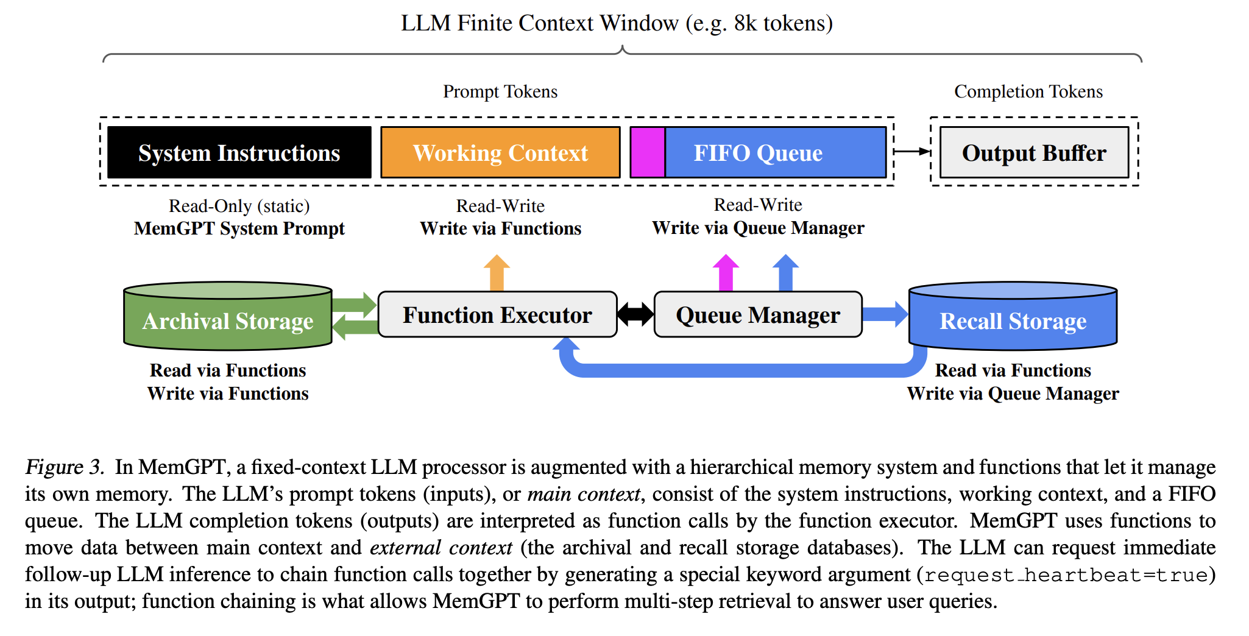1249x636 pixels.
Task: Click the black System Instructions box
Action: click(x=239, y=152)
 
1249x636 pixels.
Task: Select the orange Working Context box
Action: click(x=500, y=152)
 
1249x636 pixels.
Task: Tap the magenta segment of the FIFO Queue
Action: click(x=647, y=152)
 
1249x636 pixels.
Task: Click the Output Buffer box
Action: click(x=1034, y=152)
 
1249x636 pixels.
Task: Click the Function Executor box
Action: click(x=497, y=314)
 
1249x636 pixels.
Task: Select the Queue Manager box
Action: click(x=757, y=314)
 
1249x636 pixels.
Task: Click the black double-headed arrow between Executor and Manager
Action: click(x=635, y=314)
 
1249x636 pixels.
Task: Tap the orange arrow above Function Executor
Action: click(x=497, y=274)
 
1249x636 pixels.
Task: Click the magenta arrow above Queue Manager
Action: click(x=726, y=274)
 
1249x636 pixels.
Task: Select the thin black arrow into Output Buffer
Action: click(x=911, y=151)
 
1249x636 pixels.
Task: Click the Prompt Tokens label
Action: click(x=500, y=91)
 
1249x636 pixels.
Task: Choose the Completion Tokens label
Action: click(x=1028, y=91)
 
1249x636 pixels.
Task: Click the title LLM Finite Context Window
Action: click(x=617, y=23)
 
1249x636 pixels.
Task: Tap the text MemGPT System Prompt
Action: click(x=239, y=228)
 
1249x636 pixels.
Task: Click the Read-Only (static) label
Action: click(x=239, y=206)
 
